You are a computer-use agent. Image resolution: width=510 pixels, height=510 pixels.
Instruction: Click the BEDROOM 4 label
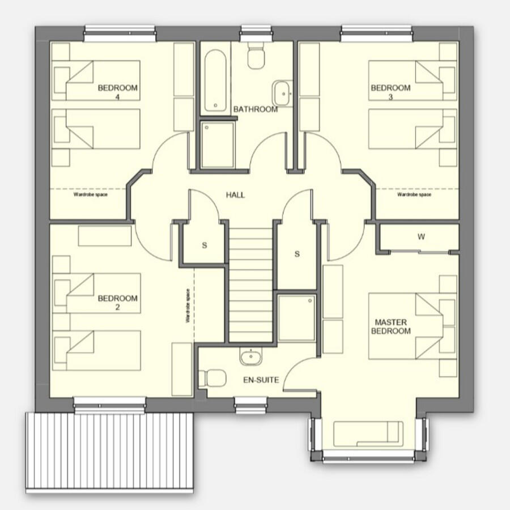pos(118,92)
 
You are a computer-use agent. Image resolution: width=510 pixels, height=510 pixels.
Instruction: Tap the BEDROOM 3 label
pos(390,92)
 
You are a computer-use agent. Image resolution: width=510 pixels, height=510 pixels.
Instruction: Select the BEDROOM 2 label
pos(118,303)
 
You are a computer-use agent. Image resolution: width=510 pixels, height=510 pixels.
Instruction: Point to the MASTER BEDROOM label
pos(390,326)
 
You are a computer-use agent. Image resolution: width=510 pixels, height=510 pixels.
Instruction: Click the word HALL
pos(235,195)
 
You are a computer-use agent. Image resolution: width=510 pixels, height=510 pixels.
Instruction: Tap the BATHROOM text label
pos(256,109)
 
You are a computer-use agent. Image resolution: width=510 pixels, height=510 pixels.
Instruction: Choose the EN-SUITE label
pos(261,380)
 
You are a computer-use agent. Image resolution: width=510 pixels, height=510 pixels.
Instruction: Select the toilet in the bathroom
pos(256,55)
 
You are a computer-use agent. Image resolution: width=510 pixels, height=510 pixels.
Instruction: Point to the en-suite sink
pos(250,357)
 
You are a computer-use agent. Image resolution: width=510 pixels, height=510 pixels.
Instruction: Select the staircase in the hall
pos(250,283)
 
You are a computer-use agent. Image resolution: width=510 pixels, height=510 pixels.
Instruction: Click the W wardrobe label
pos(420,237)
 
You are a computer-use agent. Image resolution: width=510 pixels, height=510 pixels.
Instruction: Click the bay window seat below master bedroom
pos(368,433)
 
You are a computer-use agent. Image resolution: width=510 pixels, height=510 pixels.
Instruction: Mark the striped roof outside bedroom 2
pos(110,450)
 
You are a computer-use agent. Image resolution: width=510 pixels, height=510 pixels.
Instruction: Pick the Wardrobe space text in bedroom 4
pos(90,194)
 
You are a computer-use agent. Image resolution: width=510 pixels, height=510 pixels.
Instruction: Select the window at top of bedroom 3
pos(376,33)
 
